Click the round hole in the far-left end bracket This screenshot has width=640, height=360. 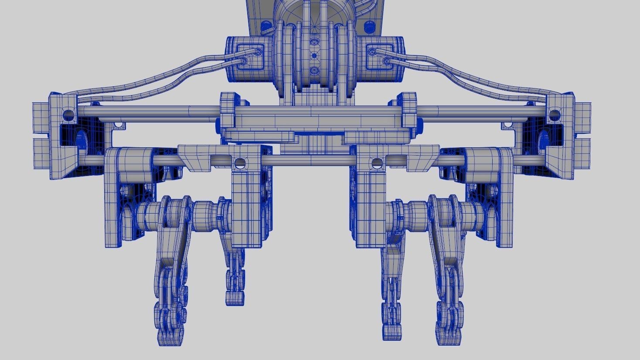pyautogui.click(x=68, y=115)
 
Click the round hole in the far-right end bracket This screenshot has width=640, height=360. pyautogui.click(x=554, y=115)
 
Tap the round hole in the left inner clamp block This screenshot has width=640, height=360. pyautogui.click(x=239, y=164)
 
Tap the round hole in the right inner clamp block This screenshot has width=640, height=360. pyautogui.click(x=375, y=164)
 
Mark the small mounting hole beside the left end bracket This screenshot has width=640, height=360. pyautogui.click(x=116, y=125)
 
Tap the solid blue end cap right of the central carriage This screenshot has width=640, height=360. pyautogui.click(x=420, y=126)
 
